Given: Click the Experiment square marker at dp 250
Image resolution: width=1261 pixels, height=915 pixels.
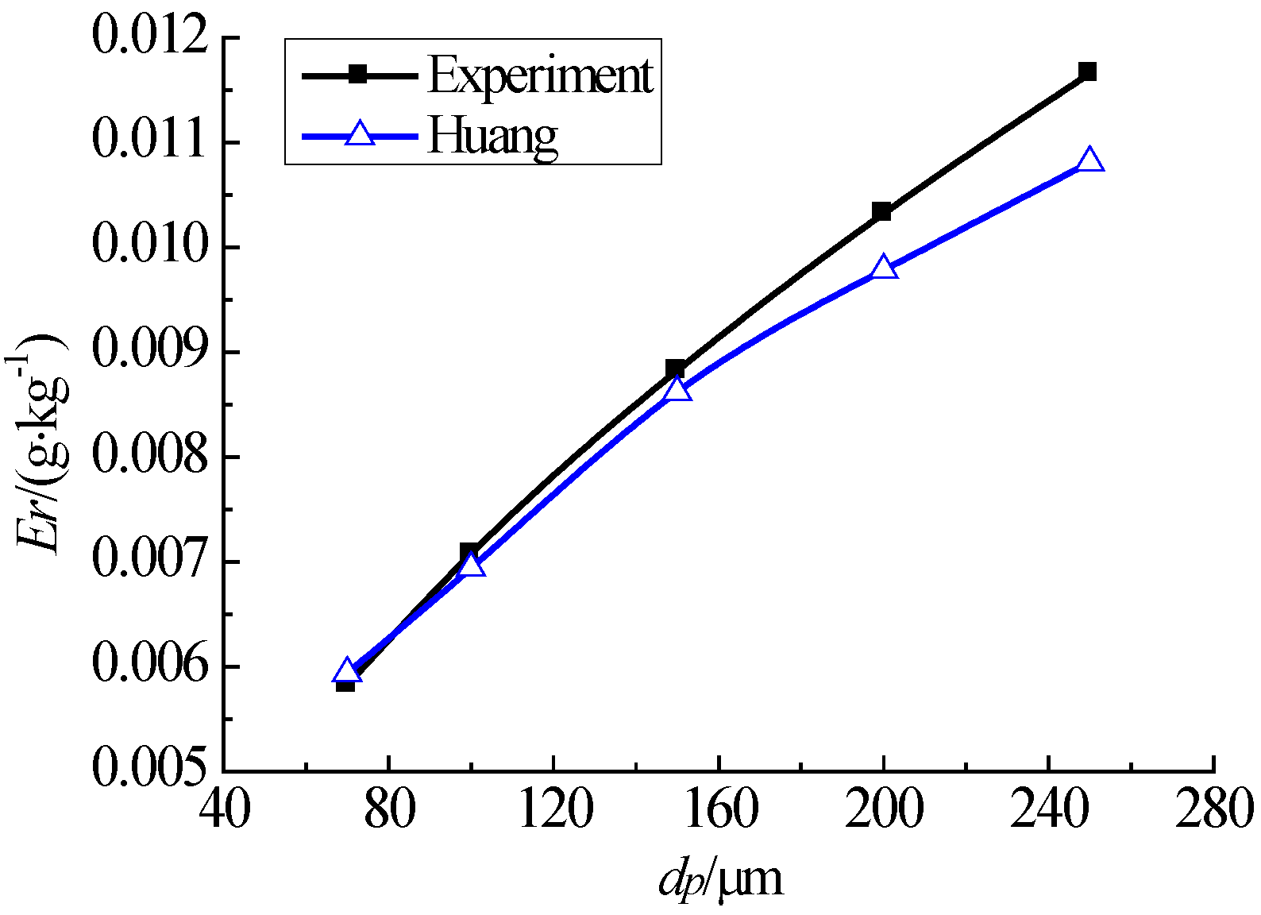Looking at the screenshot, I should pos(1088,71).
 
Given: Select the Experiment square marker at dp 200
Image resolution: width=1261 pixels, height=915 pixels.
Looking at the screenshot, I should pos(881,211).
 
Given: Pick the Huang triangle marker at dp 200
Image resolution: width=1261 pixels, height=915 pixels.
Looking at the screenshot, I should pos(883,268).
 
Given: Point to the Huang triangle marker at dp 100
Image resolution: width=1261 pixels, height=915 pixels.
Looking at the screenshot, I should pos(472,566).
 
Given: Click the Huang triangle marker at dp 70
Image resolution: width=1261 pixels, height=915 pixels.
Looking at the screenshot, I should pos(346,672).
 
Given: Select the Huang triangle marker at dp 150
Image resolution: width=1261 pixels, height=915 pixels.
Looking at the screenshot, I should pos(677,389).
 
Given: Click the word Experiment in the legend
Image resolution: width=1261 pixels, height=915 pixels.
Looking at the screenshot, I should pos(540,76).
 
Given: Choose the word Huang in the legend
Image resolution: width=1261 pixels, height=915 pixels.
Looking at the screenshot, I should pos(492,136).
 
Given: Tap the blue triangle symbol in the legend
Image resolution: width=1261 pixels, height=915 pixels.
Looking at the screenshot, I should pos(360,134).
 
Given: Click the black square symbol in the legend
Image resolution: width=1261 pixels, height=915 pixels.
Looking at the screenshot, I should pos(359,75).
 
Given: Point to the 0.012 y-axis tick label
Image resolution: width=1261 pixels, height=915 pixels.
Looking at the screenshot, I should pos(151,38).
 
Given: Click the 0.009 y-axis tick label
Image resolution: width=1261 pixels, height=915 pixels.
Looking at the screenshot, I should pos(151,352).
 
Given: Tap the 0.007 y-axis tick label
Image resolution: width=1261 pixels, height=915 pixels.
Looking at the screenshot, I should pos(151,561).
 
